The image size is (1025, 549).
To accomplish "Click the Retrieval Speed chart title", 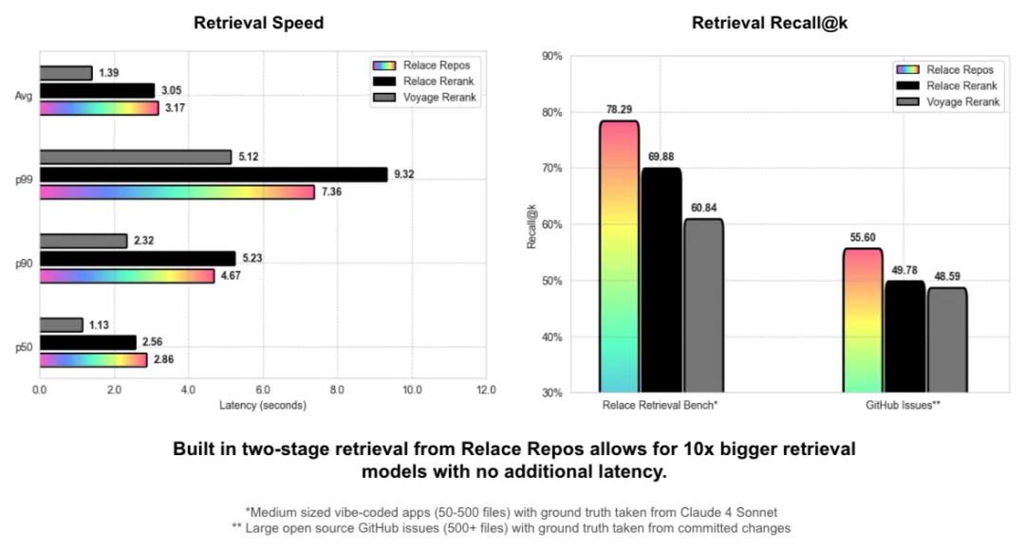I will click(258, 23).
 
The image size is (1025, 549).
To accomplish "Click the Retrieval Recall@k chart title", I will click(769, 23).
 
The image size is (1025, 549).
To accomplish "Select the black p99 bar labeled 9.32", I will click(214, 174).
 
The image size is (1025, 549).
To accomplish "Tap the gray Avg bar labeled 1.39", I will click(65, 73).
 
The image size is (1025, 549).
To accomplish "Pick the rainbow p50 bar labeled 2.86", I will click(93, 360).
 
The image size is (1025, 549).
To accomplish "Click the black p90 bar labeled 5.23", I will click(137, 259).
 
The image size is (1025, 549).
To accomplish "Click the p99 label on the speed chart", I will click(25, 175).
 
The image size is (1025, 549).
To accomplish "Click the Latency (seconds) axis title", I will click(262, 406).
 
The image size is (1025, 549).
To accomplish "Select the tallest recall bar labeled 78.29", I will click(619, 256).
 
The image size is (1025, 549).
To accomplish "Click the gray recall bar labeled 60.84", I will click(703, 305).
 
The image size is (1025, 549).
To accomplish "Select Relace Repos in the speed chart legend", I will click(437, 65).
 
